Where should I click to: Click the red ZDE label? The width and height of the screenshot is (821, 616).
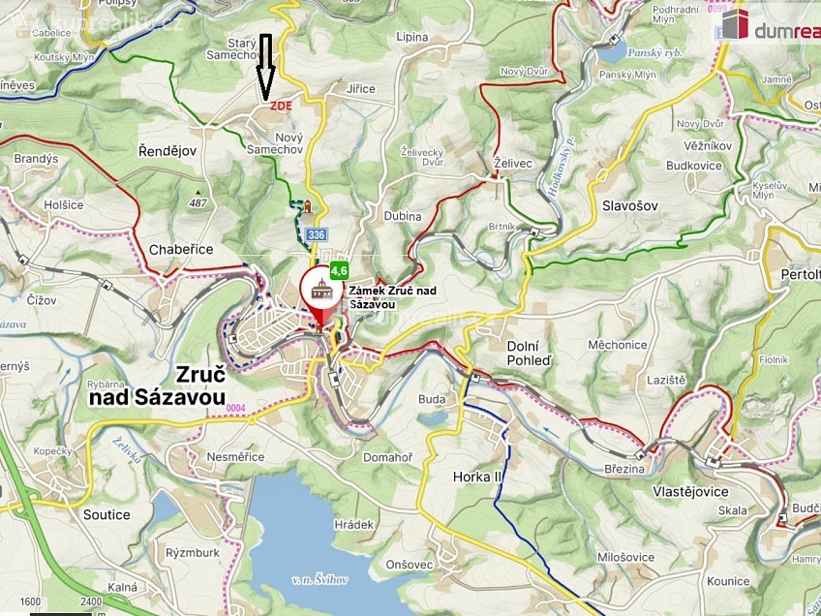(x=281, y=106)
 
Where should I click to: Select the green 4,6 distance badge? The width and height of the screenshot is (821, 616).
(x=338, y=271)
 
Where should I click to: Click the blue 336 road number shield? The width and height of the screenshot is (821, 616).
(x=316, y=234)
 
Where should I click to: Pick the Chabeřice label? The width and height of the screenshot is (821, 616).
(x=181, y=249)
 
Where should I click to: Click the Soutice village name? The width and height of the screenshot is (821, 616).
(x=106, y=514)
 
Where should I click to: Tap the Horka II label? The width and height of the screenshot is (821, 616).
(x=478, y=477)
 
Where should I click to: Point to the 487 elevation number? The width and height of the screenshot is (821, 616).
(x=198, y=203)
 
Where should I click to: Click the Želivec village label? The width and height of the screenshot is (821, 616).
(x=512, y=164)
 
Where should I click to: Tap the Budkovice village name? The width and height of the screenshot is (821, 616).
(x=694, y=166)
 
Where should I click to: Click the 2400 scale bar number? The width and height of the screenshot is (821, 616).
(x=91, y=601)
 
